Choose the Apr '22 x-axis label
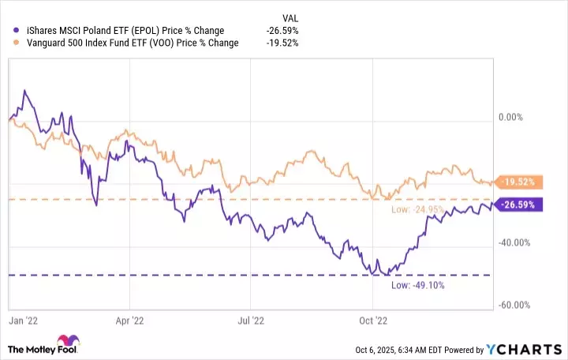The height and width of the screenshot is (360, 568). point(129,321)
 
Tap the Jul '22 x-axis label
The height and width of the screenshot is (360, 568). point(250,321)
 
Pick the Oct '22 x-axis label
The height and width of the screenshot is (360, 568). point(372,321)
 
